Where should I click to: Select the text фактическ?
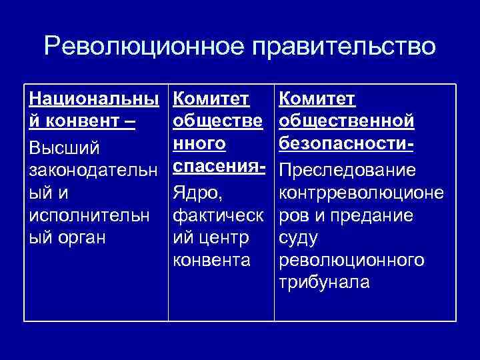tap(216, 215)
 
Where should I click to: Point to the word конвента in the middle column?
tap(211, 260)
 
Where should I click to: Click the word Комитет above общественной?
tap(317, 99)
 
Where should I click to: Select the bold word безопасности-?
tap(347, 145)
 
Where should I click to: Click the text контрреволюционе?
tap(360, 193)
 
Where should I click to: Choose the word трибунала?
tap(324, 282)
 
